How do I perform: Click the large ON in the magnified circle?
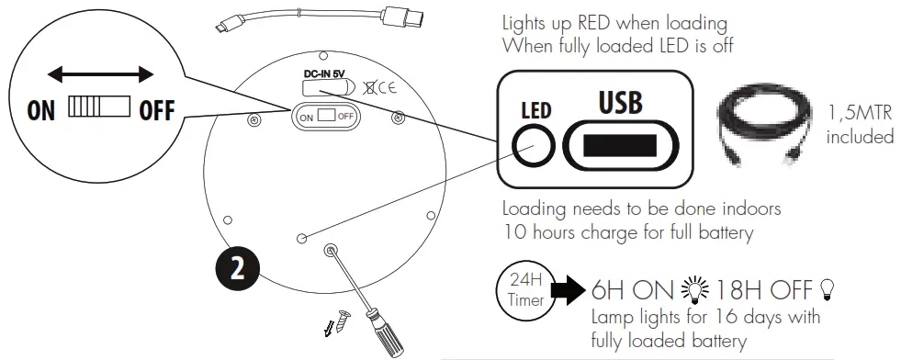coord(41,111)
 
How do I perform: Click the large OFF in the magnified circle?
coord(155,111)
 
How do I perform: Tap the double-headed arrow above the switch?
coord(100,73)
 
